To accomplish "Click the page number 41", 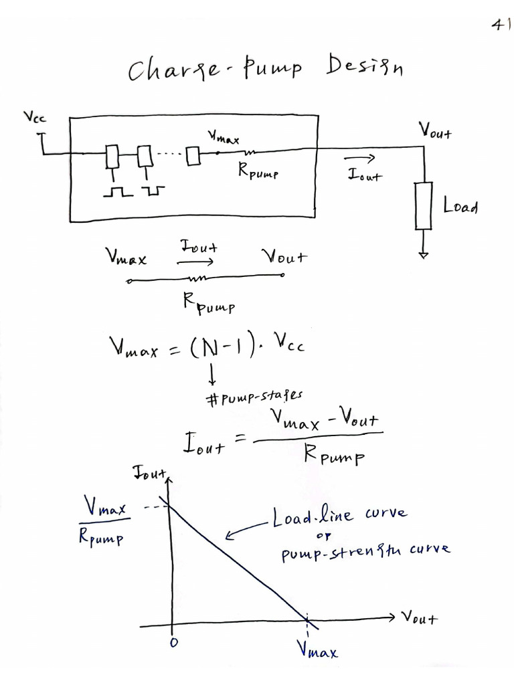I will point(499,25).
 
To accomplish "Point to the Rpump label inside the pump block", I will point(257,172).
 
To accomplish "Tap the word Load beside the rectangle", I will point(460,206).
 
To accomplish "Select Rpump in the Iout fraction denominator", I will point(334,457).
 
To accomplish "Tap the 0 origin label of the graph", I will point(173,642).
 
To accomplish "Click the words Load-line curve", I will point(338,515).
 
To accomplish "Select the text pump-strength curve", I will point(365,549).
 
